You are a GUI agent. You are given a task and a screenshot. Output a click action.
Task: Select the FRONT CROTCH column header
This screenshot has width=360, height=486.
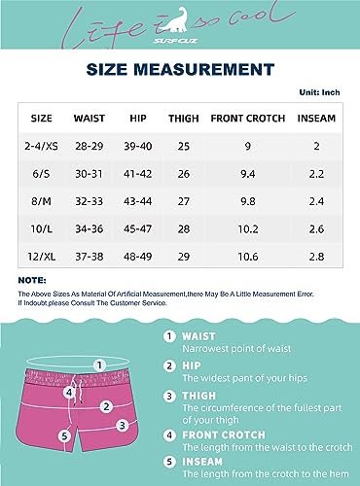click(248, 118)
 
